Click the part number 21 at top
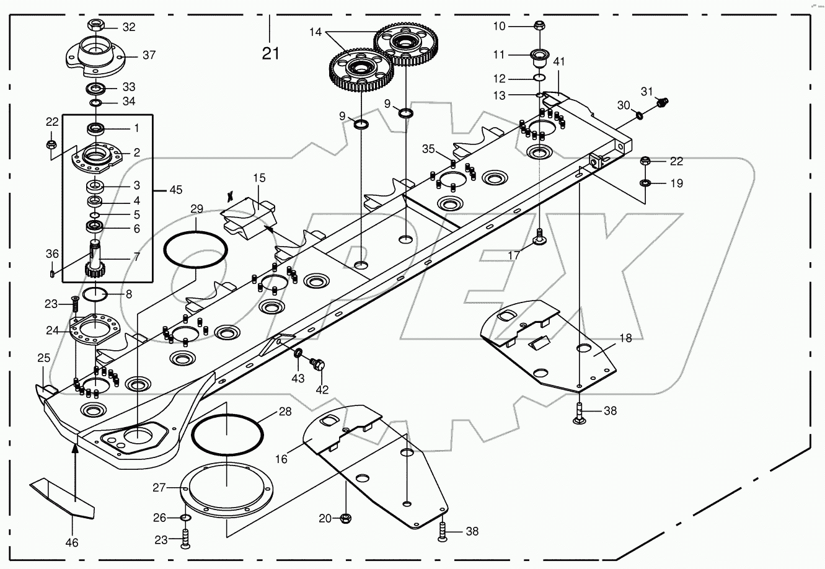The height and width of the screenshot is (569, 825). point(270,53)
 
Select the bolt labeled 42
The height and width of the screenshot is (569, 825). point(320,366)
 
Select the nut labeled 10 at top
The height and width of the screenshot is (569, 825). point(538,26)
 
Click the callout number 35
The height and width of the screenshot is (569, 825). point(429,149)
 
